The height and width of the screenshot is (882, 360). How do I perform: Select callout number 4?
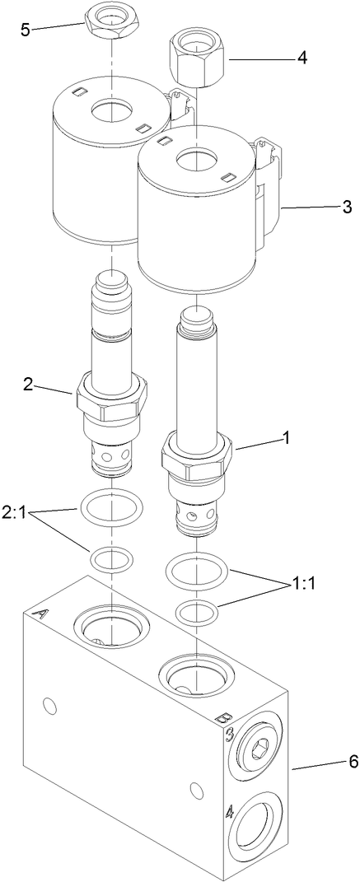pos(302,58)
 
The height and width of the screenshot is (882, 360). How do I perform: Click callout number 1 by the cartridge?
pos(286,439)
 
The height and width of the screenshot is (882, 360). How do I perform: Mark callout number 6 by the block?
pos(330,761)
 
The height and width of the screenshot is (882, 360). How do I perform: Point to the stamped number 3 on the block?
pos(230,734)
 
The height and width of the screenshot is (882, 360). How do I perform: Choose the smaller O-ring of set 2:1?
pos(110,560)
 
